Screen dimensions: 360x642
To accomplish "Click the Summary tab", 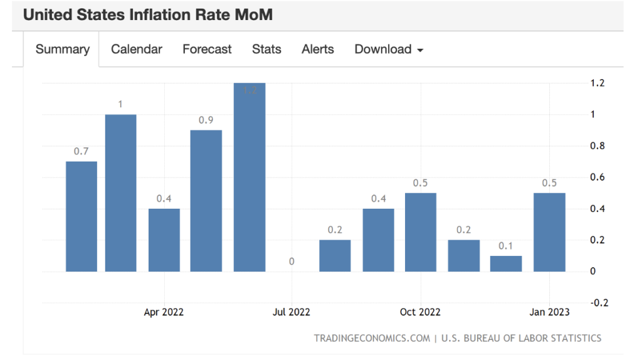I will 62,50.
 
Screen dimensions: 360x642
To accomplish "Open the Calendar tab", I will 136,50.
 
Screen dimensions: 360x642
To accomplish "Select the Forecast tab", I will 207,50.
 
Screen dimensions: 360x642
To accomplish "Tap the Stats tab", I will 266,50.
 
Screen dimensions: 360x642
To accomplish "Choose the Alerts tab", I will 317,50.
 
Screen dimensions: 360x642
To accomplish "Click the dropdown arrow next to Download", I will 420,50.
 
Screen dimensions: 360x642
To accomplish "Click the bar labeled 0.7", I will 82,216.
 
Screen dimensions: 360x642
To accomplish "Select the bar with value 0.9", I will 206,201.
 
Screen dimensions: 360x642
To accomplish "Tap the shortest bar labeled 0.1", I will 506,263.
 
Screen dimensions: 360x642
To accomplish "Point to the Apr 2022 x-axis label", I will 164,312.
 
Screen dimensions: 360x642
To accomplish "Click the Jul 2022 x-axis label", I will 292,312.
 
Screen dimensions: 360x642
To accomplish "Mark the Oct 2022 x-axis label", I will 420,312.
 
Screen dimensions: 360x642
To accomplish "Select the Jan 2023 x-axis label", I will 550,312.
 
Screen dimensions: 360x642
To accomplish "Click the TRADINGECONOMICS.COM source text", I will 372,338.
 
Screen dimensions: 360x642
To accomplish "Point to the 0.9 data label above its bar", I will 206,120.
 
